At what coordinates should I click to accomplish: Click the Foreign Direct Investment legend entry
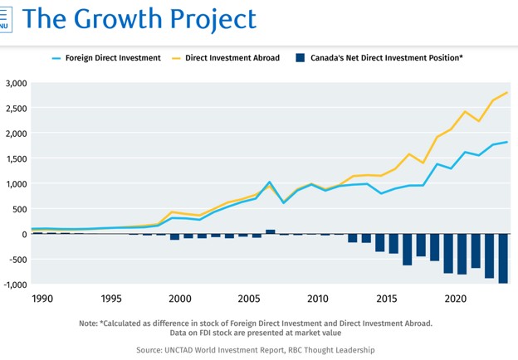click(x=106, y=58)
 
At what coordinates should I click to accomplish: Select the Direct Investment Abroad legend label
click(x=232, y=58)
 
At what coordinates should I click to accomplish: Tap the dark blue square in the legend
click(x=300, y=58)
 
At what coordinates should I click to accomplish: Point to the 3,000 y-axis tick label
click(x=17, y=83)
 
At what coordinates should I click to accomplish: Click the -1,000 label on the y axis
click(x=15, y=285)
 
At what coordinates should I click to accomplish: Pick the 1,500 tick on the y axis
click(x=17, y=158)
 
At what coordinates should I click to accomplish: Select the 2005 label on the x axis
click(x=249, y=299)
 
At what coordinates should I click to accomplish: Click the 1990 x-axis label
click(x=42, y=299)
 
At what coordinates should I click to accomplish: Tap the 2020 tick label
click(x=456, y=299)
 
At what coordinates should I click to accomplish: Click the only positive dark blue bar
click(x=271, y=231)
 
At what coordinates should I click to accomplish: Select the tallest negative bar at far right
click(x=503, y=258)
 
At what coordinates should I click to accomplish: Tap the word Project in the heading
click(x=213, y=20)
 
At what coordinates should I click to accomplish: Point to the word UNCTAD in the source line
click(x=178, y=350)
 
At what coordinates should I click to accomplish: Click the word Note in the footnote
click(x=88, y=324)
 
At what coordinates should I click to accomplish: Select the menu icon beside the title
click(x=5, y=20)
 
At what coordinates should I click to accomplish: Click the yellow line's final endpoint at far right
click(x=507, y=92)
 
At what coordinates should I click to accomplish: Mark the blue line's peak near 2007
click(x=270, y=182)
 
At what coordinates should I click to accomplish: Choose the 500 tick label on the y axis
click(x=20, y=209)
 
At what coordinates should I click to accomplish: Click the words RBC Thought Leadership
click(x=331, y=350)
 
